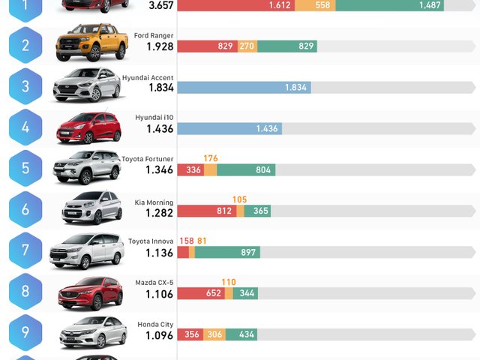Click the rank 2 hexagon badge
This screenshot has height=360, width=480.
click(x=25, y=46)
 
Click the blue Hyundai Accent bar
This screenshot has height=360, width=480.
click(x=244, y=87)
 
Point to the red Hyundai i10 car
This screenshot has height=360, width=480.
click(x=88, y=127)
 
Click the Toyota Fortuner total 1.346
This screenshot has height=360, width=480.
click(x=160, y=170)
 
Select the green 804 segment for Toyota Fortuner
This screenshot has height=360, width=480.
click(x=246, y=170)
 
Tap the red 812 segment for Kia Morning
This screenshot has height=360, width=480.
click(x=207, y=211)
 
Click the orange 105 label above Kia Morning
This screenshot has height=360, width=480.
click(x=239, y=199)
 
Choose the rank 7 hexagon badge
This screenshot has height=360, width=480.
click(x=25, y=251)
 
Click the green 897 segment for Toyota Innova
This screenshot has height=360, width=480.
click(x=227, y=252)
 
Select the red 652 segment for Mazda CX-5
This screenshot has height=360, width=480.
click(x=200, y=293)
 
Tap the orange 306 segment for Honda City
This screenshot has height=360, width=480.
click(x=214, y=334)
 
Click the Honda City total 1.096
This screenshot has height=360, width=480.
click(x=160, y=334)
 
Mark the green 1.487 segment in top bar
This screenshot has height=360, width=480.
click(x=389, y=5)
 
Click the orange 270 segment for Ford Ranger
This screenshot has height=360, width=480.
click(x=247, y=46)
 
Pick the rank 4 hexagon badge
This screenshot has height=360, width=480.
click(x=25, y=127)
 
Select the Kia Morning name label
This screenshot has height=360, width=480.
click(x=155, y=202)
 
